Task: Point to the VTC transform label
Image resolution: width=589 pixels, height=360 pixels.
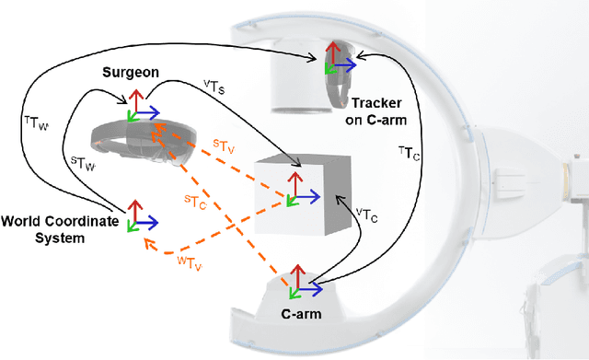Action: [x=365, y=215]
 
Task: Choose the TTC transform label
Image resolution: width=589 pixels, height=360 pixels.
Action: [x=409, y=152]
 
